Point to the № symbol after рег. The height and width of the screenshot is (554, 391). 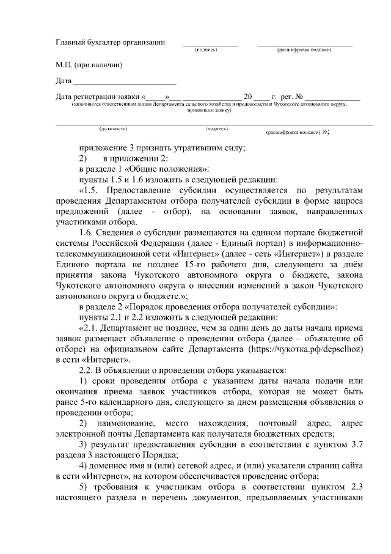299,97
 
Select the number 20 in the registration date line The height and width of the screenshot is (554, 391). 248,97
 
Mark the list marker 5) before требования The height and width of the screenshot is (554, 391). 84,489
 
